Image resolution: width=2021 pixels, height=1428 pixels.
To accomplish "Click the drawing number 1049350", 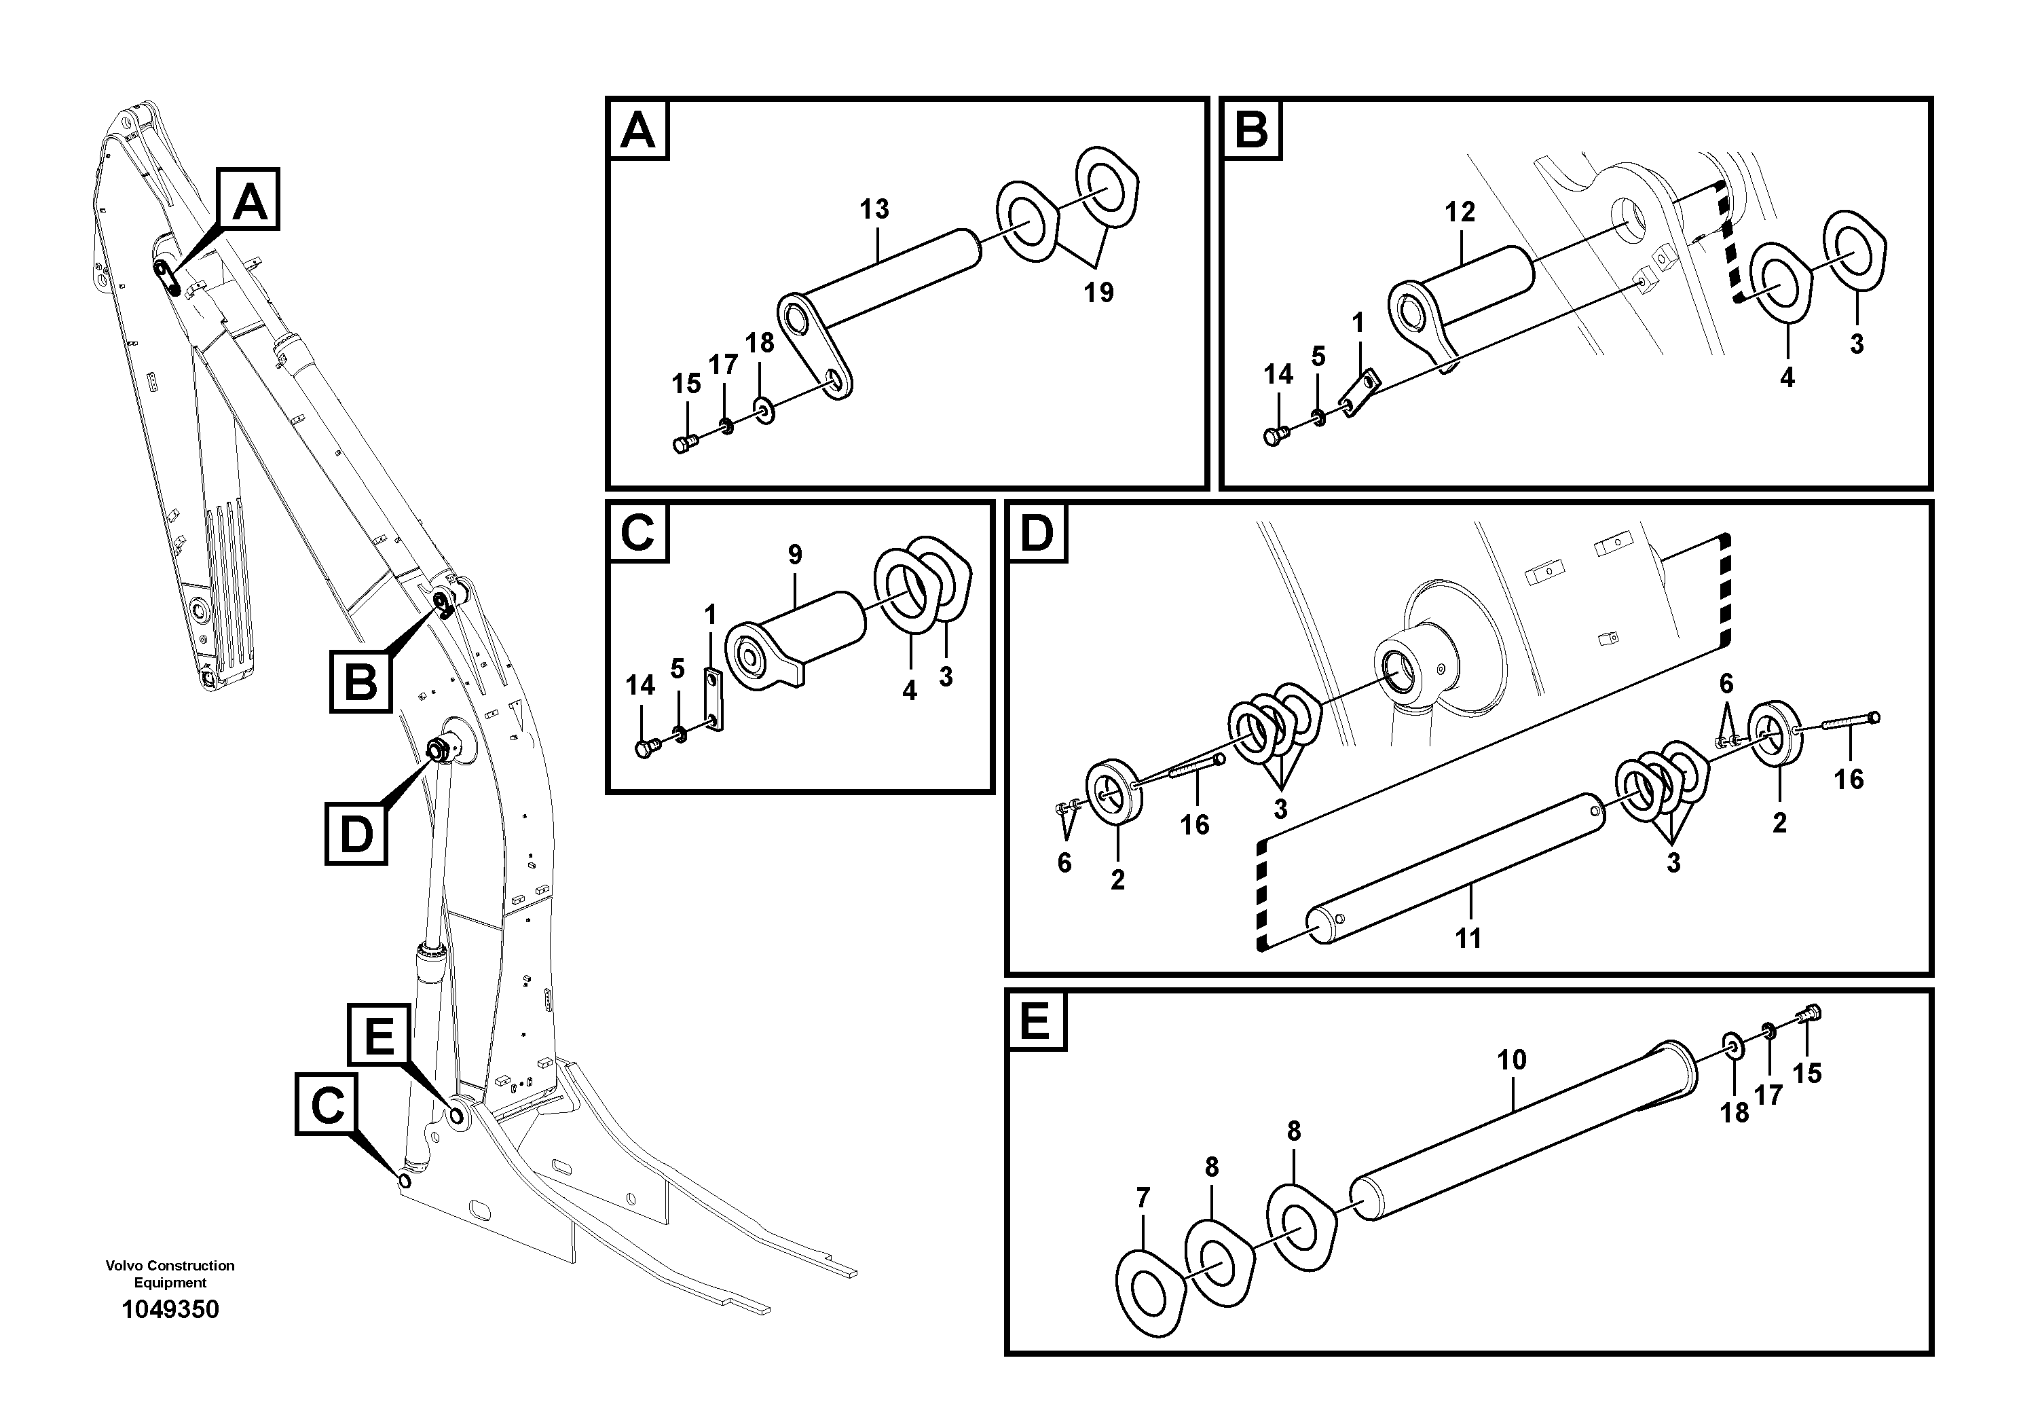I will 170,1309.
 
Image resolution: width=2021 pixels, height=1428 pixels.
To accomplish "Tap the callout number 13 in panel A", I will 874,210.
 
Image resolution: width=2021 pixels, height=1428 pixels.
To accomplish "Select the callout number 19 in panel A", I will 1098,292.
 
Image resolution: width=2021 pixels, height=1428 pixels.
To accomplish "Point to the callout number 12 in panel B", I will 1460,212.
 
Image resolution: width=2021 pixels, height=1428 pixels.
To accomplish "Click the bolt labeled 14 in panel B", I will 1276,434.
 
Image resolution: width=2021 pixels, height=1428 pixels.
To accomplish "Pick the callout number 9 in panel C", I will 795,555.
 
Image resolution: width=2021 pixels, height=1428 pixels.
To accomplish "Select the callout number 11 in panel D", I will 1467,938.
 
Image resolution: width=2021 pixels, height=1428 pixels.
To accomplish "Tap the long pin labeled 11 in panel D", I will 1452,867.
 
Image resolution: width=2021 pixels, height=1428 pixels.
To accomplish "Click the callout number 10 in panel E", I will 1511,1060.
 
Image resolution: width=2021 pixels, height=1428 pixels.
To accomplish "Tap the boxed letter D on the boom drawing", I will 356,833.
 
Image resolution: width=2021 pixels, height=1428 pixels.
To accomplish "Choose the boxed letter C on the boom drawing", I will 327,1104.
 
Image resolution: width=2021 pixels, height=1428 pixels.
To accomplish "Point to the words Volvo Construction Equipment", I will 170,1274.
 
